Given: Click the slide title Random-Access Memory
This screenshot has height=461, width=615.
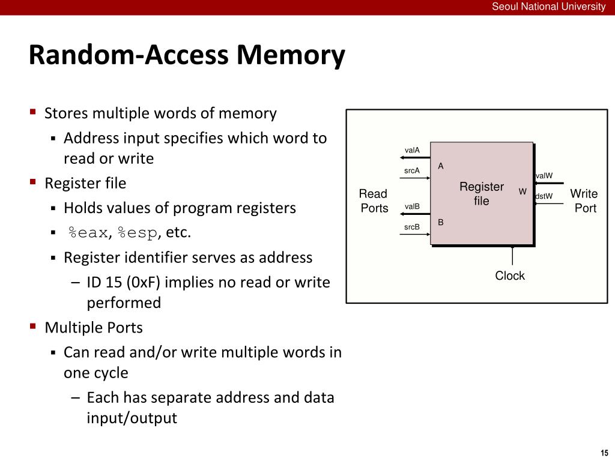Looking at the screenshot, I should pyautogui.click(x=187, y=55).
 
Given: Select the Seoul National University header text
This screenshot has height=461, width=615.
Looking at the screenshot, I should pyautogui.click(x=548, y=7).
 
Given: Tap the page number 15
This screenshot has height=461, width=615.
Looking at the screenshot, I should pyautogui.click(x=604, y=453).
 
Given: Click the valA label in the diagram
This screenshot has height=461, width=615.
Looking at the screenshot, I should pyautogui.click(x=412, y=150).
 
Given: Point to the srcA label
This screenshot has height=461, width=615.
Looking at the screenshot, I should pyautogui.click(x=412, y=171).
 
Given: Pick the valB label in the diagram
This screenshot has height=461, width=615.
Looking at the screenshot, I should pyautogui.click(x=412, y=206).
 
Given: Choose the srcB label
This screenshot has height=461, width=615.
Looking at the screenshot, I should pyautogui.click(x=412, y=227).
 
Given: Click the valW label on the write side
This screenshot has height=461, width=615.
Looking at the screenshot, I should pyautogui.click(x=544, y=176).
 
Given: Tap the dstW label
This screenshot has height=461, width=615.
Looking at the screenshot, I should pyautogui.click(x=544, y=196).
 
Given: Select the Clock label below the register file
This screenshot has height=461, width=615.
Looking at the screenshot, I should pyautogui.click(x=510, y=276).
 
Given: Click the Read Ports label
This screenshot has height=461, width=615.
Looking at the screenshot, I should pyautogui.click(x=374, y=201).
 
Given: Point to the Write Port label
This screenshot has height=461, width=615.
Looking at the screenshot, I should pyautogui.click(x=584, y=201).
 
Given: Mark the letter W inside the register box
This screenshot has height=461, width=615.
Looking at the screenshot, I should pyautogui.click(x=523, y=191).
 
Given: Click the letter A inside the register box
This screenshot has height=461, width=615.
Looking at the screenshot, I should pyautogui.click(x=441, y=166).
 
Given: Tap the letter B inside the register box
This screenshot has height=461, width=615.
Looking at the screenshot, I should pyautogui.click(x=441, y=222).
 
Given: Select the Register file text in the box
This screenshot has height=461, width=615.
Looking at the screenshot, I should pyautogui.click(x=482, y=194).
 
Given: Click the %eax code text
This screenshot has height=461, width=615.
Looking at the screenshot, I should pyautogui.click(x=88, y=233).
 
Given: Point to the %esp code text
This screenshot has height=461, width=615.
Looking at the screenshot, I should pyautogui.click(x=138, y=233).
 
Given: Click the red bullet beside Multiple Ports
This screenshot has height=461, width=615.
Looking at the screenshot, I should pyautogui.click(x=33, y=327).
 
